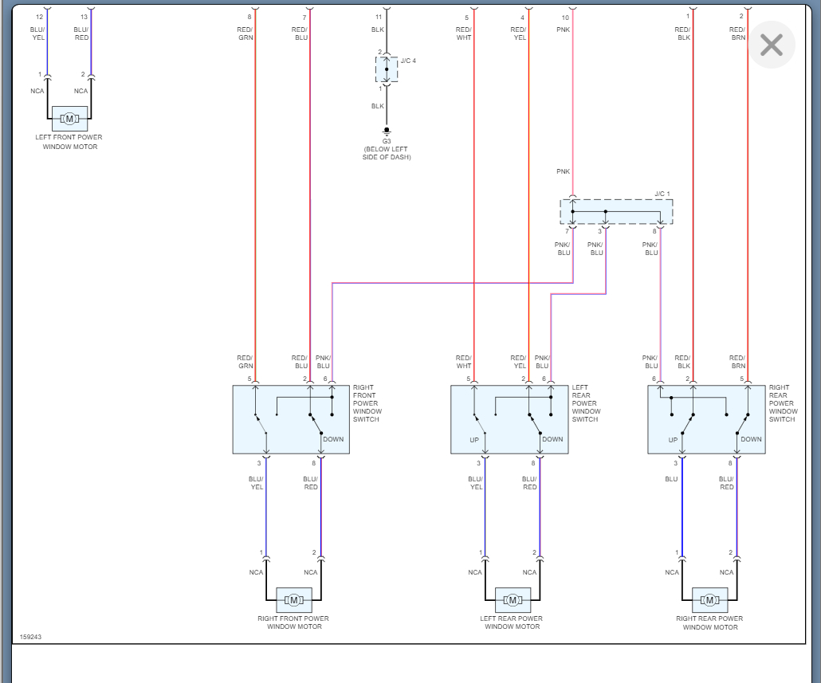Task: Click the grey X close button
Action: pyautogui.click(x=771, y=45)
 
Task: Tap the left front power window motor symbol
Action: pyautogui.click(x=69, y=119)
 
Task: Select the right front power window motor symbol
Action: pyautogui.click(x=293, y=599)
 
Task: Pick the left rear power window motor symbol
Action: pyautogui.click(x=513, y=599)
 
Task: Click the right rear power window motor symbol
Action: pyautogui.click(x=709, y=599)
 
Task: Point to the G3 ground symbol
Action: pyautogui.click(x=387, y=131)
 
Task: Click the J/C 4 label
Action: pyautogui.click(x=408, y=61)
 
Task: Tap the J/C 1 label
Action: pyautogui.click(x=662, y=194)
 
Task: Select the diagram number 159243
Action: pyautogui.click(x=31, y=637)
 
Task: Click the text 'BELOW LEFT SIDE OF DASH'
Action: pyautogui.click(x=387, y=153)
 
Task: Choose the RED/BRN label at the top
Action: pyautogui.click(x=737, y=33)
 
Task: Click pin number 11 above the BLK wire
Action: pyautogui.click(x=379, y=16)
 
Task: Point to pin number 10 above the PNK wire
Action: pyautogui.click(x=565, y=16)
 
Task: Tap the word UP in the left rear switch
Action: pyautogui.click(x=474, y=439)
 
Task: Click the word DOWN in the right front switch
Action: pyautogui.click(x=333, y=439)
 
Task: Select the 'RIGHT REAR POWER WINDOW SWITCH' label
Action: pyautogui.click(x=783, y=403)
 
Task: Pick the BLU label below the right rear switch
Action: pyautogui.click(x=671, y=479)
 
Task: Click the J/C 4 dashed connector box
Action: pyautogui.click(x=387, y=69)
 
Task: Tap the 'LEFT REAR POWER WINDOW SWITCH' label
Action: pyautogui.click(x=586, y=403)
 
